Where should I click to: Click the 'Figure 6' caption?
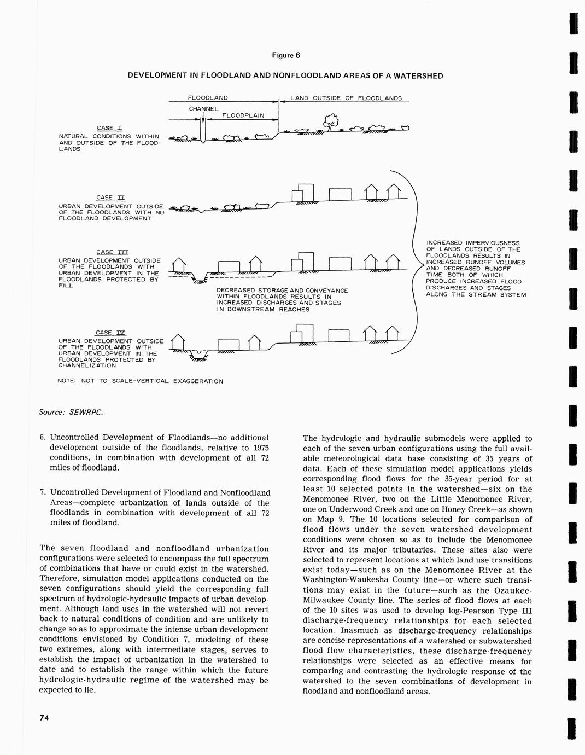pyautogui.click(x=286, y=55)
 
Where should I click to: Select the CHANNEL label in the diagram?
pyautogui.click(x=203, y=109)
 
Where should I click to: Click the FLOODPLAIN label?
pyautogui.click(x=243, y=115)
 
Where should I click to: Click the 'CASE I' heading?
pyautogui.click(x=109, y=128)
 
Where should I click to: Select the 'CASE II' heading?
pyautogui.click(x=110, y=198)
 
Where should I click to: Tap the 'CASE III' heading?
pyautogui.click(x=112, y=252)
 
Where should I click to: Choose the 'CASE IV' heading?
pyautogui.click(x=110, y=333)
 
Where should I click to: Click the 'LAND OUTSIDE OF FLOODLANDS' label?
pyautogui.click(x=346, y=98)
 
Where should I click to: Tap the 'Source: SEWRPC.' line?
pyautogui.click(x=71, y=412)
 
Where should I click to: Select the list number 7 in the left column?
pyautogui.click(x=42, y=492)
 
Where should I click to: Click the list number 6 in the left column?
pyautogui.click(x=42, y=438)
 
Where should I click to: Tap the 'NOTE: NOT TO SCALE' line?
pyautogui.click(x=140, y=381)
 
